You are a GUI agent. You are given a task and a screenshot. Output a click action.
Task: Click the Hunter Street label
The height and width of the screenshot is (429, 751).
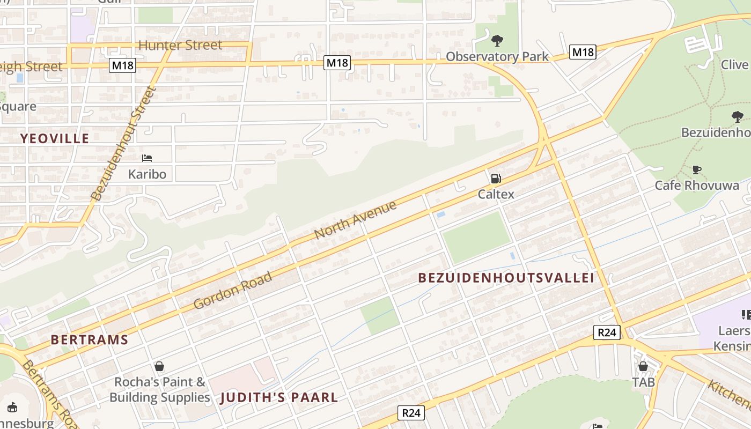(x=180, y=45)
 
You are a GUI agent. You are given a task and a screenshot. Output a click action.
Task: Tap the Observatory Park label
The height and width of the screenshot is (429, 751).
(x=497, y=56)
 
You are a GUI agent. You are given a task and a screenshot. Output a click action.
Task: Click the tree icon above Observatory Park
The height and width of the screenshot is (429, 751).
(x=497, y=40)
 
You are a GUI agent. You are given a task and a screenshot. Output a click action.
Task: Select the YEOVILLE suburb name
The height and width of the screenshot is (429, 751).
(x=55, y=138)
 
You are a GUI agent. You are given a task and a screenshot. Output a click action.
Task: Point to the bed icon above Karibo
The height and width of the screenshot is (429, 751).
(x=147, y=158)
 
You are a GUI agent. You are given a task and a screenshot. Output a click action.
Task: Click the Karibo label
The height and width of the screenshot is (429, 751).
(x=147, y=174)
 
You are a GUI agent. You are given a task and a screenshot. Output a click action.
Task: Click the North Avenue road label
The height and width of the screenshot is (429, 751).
(x=355, y=220)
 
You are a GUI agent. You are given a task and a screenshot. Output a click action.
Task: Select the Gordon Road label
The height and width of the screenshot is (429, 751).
(x=233, y=290)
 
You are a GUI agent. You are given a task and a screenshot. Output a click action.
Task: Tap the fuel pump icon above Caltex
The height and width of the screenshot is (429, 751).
(x=496, y=179)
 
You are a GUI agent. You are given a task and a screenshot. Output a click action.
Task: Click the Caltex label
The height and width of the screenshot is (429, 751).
(x=496, y=194)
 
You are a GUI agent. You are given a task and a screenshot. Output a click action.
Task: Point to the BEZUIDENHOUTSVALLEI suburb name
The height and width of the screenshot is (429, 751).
(x=506, y=278)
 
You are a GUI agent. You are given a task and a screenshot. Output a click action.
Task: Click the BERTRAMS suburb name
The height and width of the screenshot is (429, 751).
(x=90, y=339)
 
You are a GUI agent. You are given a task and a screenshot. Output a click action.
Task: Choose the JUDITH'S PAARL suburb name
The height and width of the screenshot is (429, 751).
(x=279, y=397)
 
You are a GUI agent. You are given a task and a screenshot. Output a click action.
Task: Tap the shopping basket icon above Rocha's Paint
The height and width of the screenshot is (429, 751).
(x=159, y=366)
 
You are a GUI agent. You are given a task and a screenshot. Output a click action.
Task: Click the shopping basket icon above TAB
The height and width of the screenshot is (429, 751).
(x=643, y=366)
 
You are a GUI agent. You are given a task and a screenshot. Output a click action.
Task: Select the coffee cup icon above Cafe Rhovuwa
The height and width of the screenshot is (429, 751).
(x=696, y=169)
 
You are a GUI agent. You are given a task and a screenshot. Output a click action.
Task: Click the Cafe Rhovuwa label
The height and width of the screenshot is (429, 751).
(x=696, y=186)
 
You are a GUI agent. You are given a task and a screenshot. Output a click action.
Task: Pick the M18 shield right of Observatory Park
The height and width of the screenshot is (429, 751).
(x=583, y=52)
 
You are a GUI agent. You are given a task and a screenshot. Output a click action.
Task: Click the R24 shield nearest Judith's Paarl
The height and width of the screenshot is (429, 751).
(x=411, y=413)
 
